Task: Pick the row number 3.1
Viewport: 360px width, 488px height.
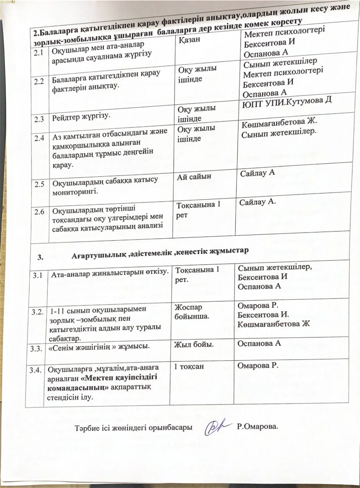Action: (x=37, y=275)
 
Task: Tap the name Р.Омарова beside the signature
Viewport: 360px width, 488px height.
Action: (x=257, y=426)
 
